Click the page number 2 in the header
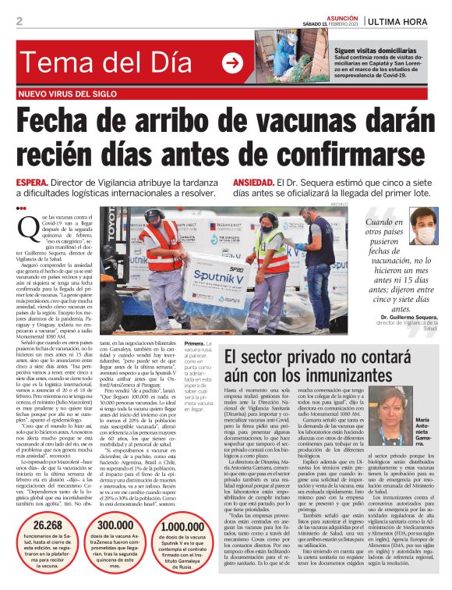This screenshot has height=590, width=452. (x=19, y=20)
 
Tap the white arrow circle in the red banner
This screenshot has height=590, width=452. (x=232, y=63)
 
